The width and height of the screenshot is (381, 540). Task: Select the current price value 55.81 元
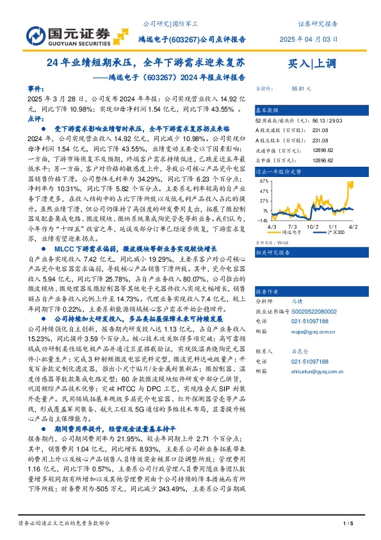[301, 89]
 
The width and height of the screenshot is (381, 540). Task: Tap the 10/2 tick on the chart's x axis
[312, 227]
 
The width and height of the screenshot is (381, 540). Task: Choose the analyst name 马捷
[296, 283]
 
